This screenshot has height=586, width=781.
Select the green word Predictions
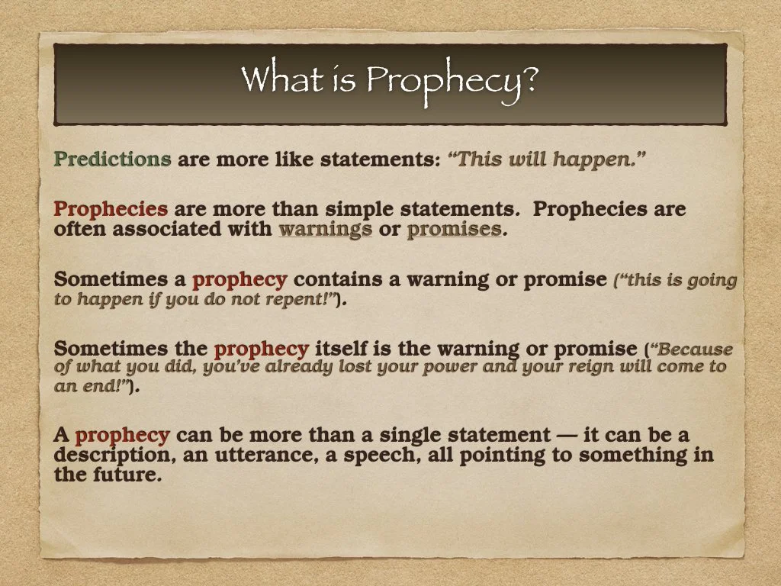[x=112, y=159]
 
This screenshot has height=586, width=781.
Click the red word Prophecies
[x=111, y=209]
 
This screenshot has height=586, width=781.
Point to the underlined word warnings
[x=325, y=229]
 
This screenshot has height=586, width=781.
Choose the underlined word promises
[x=455, y=229]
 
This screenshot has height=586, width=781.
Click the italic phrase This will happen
[x=548, y=159]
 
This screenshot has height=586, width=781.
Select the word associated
[x=166, y=229]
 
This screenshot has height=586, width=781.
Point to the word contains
[x=338, y=279]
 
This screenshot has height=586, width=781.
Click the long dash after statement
[x=565, y=436]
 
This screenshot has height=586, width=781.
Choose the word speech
[x=378, y=456]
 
